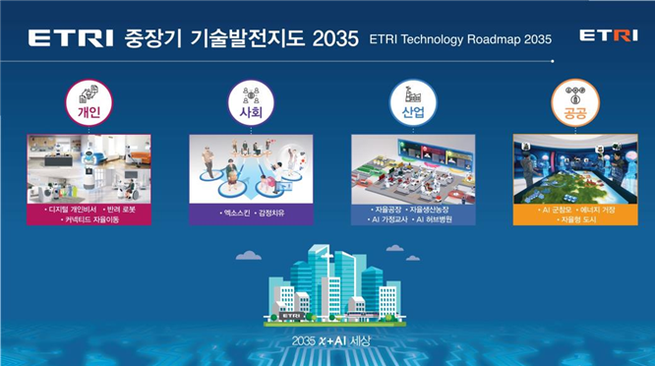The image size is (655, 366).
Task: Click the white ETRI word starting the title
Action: tap(71, 38)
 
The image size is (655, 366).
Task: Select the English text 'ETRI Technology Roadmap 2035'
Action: tap(459, 39)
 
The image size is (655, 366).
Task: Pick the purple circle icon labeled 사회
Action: tap(250, 102)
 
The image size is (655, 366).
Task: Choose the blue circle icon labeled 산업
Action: tap(413, 102)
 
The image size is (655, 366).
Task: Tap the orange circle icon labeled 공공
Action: tap(575, 102)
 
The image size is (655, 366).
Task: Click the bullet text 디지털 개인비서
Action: tap(68, 210)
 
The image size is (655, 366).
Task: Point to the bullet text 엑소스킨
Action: tap(230, 213)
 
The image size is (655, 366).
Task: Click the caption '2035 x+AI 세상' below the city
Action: tap(327, 341)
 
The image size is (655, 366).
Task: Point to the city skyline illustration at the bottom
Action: tap(327, 287)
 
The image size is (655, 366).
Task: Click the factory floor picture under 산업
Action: tap(413, 169)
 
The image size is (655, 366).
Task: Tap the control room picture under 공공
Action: tap(575, 169)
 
